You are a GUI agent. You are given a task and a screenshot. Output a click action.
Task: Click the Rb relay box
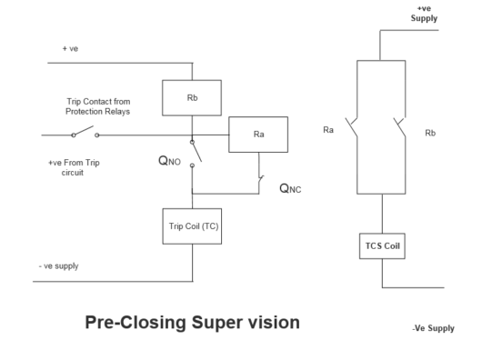click(x=191, y=98)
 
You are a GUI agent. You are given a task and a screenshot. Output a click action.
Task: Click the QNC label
click(x=289, y=189)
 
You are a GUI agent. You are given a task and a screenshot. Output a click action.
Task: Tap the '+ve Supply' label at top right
click(x=424, y=13)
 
